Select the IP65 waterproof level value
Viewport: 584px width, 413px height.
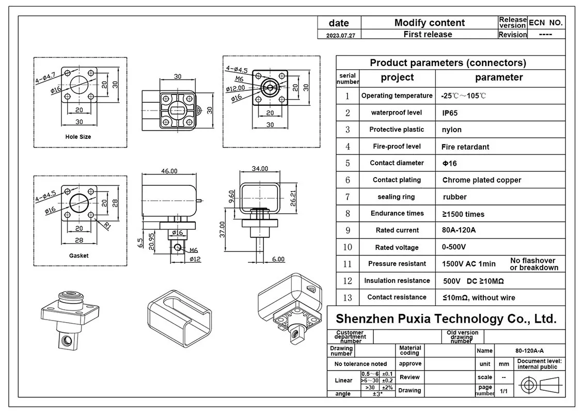(450, 113)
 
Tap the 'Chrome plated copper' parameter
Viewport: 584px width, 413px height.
(481, 180)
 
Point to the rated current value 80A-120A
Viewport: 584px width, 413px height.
(459, 230)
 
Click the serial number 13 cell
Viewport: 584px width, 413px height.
(348, 297)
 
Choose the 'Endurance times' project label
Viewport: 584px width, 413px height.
(397, 213)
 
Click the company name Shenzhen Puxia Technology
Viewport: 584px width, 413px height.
(446, 319)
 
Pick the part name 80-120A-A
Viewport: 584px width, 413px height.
(540, 350)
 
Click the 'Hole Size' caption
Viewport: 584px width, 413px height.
(78, 137)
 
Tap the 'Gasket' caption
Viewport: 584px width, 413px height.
(78, 256)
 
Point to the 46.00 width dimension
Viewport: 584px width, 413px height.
(169, 171)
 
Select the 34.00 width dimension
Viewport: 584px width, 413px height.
(260, 169)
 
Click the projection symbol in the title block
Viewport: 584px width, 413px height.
(540, 385)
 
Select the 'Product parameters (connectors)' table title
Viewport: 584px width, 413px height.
(448, 63)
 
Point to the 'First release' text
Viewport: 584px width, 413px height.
(428, 35)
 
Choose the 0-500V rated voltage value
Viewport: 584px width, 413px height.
(454, 247)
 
